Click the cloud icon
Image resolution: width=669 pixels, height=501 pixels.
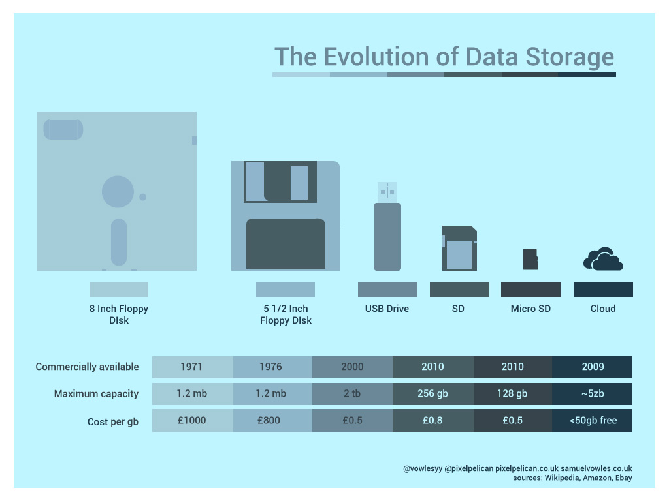pyautogui.click(x=603, y=260)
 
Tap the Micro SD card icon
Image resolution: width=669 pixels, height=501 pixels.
pyautogui.click(x=530, y=259)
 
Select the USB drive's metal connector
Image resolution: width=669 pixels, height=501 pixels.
pyautogui.click(x=387, y=192)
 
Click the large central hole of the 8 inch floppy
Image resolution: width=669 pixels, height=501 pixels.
pyautogui.click(x=118, y=192)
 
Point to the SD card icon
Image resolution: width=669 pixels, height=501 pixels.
pyautogui.click(x=459, y=249)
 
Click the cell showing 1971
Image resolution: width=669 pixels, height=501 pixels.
pyautogui.click(x=191, y=367)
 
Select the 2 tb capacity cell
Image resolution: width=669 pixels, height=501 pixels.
pyautogui.click(x=352, y=393)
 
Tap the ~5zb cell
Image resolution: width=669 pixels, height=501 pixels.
pyautogui.click(x=593, y=393)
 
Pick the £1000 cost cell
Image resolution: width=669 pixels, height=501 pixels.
pyautogui.click(x=191, y=420)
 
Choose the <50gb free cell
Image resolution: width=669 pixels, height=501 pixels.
pyautogui.click(x=593, y=420)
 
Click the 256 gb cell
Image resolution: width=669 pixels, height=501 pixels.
pyautogui.click(x=432, y=393)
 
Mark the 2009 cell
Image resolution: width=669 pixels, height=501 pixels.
pyautogui.click(x=593, y=367)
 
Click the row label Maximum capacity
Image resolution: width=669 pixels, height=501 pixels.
pyautogui.click(x=96, y=393)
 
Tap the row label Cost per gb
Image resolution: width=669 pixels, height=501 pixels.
pyautogui.click(x=112, y=421)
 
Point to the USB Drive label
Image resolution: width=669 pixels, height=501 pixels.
pyautogui.click(x=387, y=308)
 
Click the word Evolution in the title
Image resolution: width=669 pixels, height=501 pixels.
pyautogui.click(x=379, y=57)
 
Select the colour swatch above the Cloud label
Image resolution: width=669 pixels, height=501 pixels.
pyautogui.click(x=603, y=290)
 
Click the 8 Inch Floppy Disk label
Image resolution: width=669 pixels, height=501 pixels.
pyautogui.click(x=119, y=314)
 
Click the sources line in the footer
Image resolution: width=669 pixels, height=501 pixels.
pyautogui.click(x=572, y=478)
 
